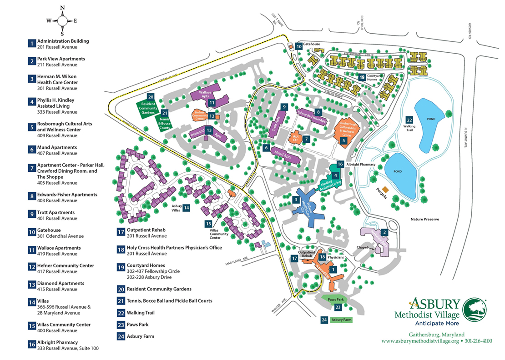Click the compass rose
[62, 20]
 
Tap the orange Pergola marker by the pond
[385, 189]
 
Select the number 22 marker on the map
[409, 120]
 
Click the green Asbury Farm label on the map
[342, 320]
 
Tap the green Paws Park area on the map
[335, 300]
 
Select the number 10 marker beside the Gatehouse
[298, 46]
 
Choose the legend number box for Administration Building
[31, 44]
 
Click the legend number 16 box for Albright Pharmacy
[31, 345]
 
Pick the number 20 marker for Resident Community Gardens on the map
[151, 96]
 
